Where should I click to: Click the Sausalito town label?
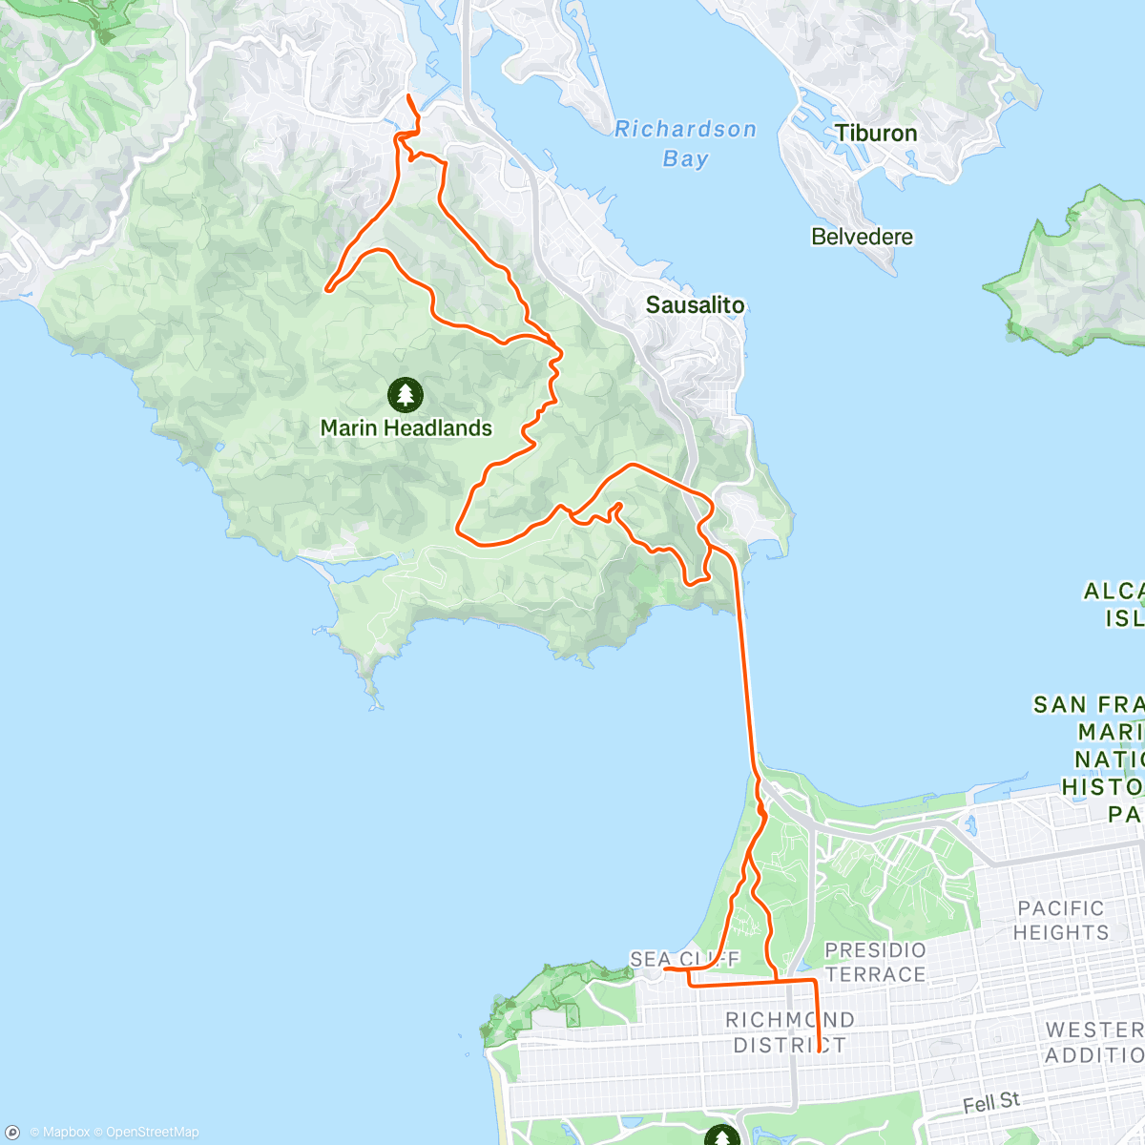click(x=695, y=305)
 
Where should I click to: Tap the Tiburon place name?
click(x=876, y=134)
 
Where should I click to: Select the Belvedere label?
click(x=862, y=237)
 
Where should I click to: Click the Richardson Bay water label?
click(x=685, y=143)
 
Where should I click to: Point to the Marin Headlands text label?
click(x=406, y=428)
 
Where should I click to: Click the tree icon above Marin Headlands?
click(x=406, y=393)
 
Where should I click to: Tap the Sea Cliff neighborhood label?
click(x=684, y=959)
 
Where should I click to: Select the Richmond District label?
click(x=789, y=1032)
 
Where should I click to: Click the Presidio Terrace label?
click(x=875, y=962)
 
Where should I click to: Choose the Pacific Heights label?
click(x=1060, y=920)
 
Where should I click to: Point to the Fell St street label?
click(x=990, y=1104)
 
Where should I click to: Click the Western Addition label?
click(x=1094, y=1042)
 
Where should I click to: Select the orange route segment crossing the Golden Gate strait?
click(x=744, y=668)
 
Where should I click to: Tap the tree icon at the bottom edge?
click(x=721, y=1135)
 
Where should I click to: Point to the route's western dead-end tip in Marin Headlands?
click(x=327, y=289)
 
